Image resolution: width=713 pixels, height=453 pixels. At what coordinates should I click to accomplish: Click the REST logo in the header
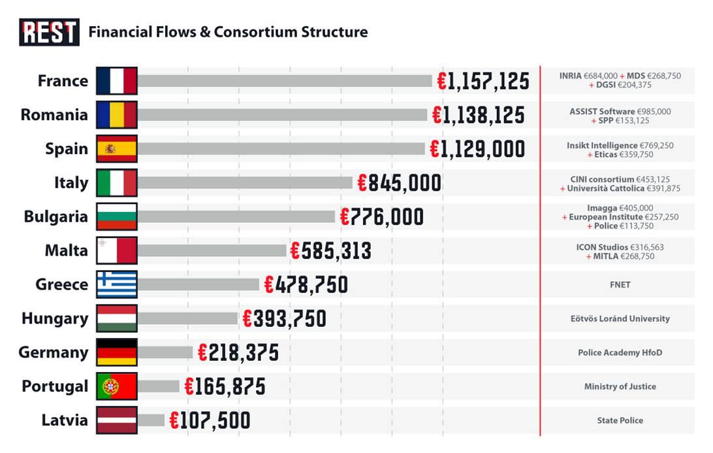(49, 32)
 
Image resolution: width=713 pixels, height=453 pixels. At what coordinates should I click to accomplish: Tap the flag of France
(116, 81)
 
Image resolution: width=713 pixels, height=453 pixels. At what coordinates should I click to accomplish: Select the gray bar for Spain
(281, 149)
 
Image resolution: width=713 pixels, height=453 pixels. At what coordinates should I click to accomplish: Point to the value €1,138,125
(478, 115)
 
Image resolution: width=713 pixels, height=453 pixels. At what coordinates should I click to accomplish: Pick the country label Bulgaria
(55, 217)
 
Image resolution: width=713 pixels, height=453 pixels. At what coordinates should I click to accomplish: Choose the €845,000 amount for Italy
(399, 183)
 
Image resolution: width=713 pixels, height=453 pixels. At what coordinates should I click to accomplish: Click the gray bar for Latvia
(151, 420)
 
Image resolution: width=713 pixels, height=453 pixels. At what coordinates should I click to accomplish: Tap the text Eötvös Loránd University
(620, 319)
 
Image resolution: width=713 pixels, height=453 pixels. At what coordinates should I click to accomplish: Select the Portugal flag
(116, 386)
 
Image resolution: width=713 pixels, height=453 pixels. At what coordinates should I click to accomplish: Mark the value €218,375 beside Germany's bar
(238, 353)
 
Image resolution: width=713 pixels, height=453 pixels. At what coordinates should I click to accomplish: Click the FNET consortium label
(620, 285)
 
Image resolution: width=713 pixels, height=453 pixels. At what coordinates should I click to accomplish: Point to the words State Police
(620, 420)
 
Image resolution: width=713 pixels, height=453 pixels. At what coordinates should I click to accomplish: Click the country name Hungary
(55, 319)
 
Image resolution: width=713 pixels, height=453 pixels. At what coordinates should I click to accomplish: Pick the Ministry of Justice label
(620, 386)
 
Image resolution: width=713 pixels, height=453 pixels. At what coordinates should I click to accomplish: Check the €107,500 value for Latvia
(210, 420)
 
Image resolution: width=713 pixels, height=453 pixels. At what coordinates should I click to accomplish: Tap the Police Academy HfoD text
(620, 353)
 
